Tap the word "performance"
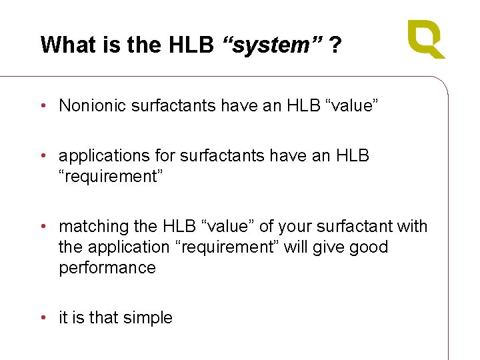107,268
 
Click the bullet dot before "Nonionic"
43,105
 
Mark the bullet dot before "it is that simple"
43,318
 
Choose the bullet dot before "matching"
43,227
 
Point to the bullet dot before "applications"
43,156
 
